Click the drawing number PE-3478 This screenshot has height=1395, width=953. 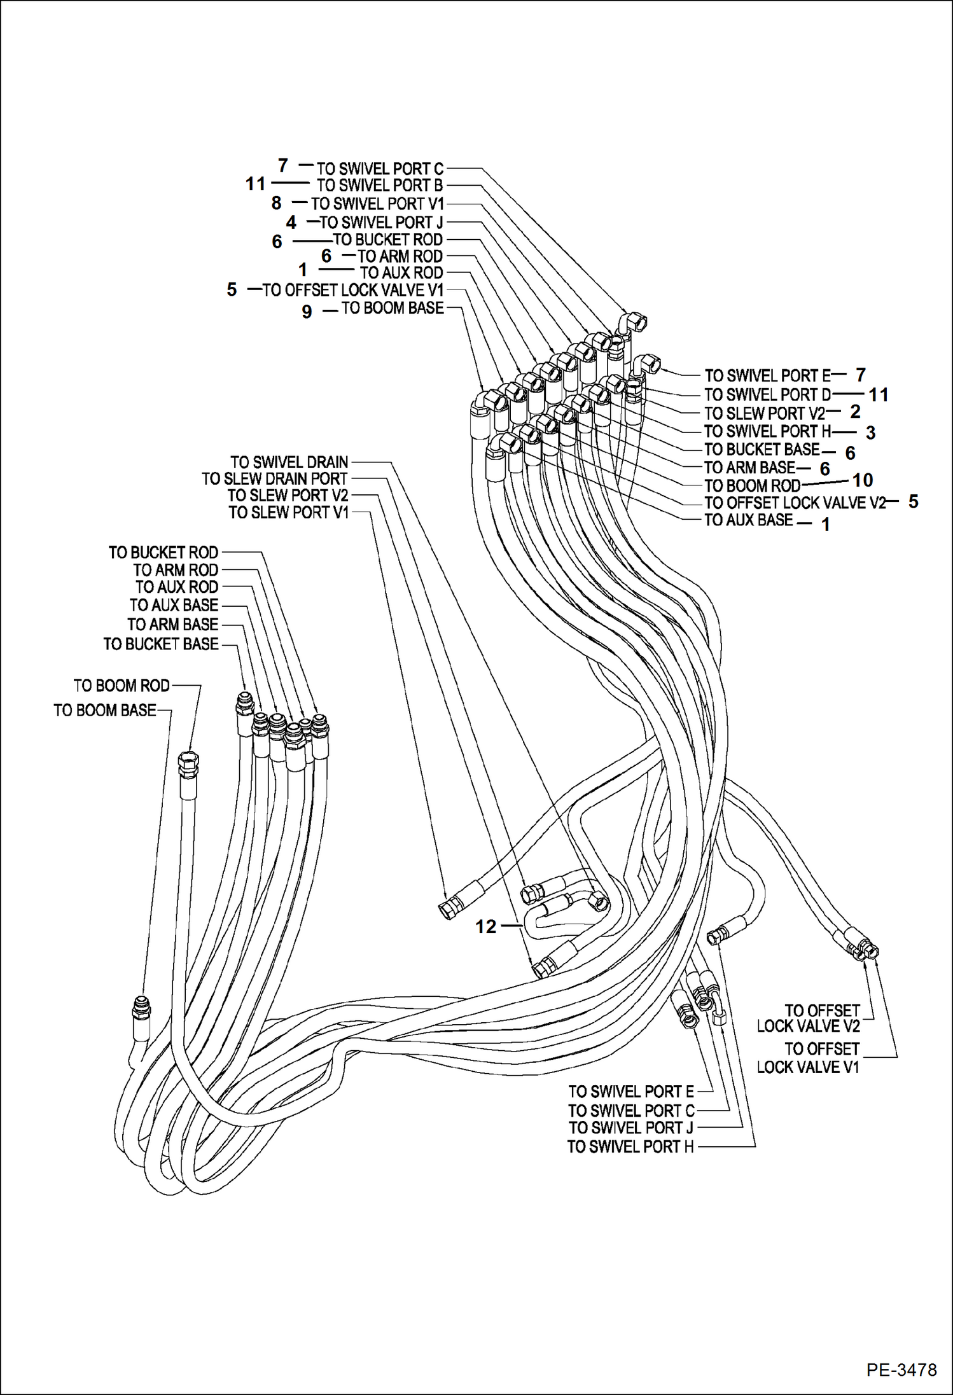(x=901, y=1369)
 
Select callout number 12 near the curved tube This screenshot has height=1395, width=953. (x=485, y=927)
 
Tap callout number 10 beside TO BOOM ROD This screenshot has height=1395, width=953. (x=862, y=480)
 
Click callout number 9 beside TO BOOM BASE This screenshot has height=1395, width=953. (x=307, y=312)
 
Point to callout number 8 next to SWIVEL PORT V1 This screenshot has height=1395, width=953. (x=276, y=203)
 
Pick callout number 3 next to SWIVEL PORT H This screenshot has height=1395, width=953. (x=870, y=433)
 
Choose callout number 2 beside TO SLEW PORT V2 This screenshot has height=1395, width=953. (x=855, y=412)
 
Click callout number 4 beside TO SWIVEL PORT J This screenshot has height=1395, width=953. (x=291, y=222)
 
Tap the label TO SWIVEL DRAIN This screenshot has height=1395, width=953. (x=289, y=462)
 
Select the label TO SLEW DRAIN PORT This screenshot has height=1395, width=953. (x=275, y=478)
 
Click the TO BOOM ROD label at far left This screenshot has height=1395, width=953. (x=122, y=686)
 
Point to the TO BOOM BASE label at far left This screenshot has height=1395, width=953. (x=105, y=710)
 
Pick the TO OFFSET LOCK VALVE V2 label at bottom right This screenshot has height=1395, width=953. (x=809, y=1018)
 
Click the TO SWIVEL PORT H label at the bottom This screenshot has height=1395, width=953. (x=630, y=1147)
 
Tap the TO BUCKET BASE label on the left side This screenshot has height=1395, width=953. (x=161, y=644)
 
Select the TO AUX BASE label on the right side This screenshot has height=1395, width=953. (x=748, y=520)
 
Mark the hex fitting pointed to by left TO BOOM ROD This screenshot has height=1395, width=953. (x=188, y=763)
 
